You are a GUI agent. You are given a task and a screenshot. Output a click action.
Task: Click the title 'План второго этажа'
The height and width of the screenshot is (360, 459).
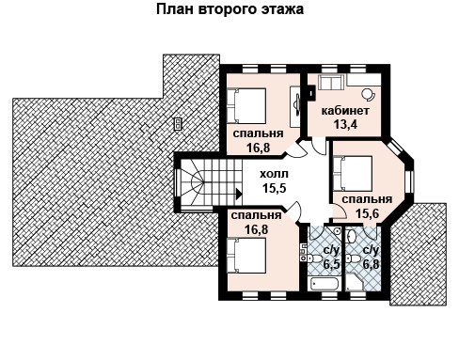click(x=229, y=9)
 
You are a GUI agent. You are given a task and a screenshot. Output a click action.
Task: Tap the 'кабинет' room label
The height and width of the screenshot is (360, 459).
click(x=345, y=111)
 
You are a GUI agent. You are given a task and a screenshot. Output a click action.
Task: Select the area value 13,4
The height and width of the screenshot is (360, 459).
click(x=345, y=124)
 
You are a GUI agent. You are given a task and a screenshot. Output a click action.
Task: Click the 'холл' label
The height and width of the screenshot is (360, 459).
click(x=274, y=174)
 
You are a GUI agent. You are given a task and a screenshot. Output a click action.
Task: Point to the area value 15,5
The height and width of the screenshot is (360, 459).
click(x=275, y=188)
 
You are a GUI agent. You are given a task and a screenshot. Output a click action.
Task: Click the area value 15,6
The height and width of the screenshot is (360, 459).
click(x=368, y=213)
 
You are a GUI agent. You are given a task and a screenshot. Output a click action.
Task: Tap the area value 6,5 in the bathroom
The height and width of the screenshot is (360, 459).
click(x=331, y=264)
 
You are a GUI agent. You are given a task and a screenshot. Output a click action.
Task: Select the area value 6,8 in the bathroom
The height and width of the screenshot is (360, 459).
click(x=371, y=263)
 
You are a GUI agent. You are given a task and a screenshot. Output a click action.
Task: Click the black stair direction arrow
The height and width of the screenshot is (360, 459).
click(x=239, y=194)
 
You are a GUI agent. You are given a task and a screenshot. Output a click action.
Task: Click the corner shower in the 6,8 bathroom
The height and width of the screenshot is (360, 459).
click(x=355, y=282)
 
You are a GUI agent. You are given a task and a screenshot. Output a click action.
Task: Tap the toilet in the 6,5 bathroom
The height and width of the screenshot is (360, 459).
click(x=315, y=258)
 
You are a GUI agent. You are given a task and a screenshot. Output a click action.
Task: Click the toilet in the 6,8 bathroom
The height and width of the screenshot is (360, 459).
click(x=354, y=258)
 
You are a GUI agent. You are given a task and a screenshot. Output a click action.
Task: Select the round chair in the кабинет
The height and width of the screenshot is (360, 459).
click(x=368, y=94)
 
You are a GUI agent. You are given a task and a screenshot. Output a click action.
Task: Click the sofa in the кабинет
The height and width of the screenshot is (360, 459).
click(x=331, y=82)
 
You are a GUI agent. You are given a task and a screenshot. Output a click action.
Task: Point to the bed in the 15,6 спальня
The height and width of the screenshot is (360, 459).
click(x=353, y=173)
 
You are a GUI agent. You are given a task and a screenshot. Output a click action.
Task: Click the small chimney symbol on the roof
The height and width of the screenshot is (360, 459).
click(x=179, y=124)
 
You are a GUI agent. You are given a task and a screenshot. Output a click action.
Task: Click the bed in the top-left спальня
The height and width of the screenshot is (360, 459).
click(x=246, y=105)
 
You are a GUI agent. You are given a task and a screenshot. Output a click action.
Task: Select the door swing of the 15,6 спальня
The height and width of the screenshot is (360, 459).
click(x=339, y=211)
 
